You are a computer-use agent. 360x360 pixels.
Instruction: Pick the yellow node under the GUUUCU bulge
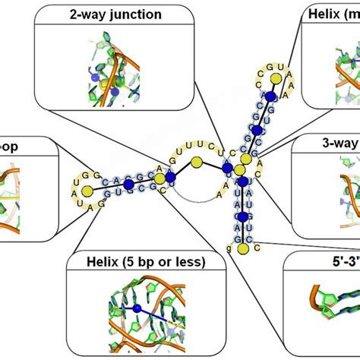pos(197,162)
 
